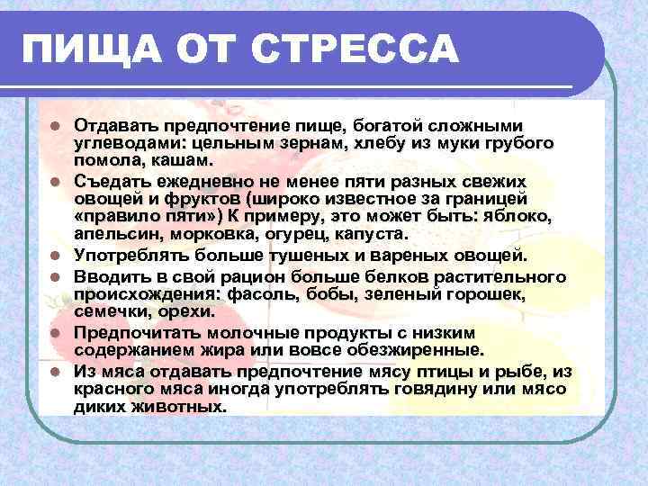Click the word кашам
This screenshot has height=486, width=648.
(x=189, y=162)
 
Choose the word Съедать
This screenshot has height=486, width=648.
(x=111, y=181)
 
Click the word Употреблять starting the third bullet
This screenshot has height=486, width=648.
(x=127, y=256)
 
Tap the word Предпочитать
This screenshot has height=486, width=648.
(x=131, y=331)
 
